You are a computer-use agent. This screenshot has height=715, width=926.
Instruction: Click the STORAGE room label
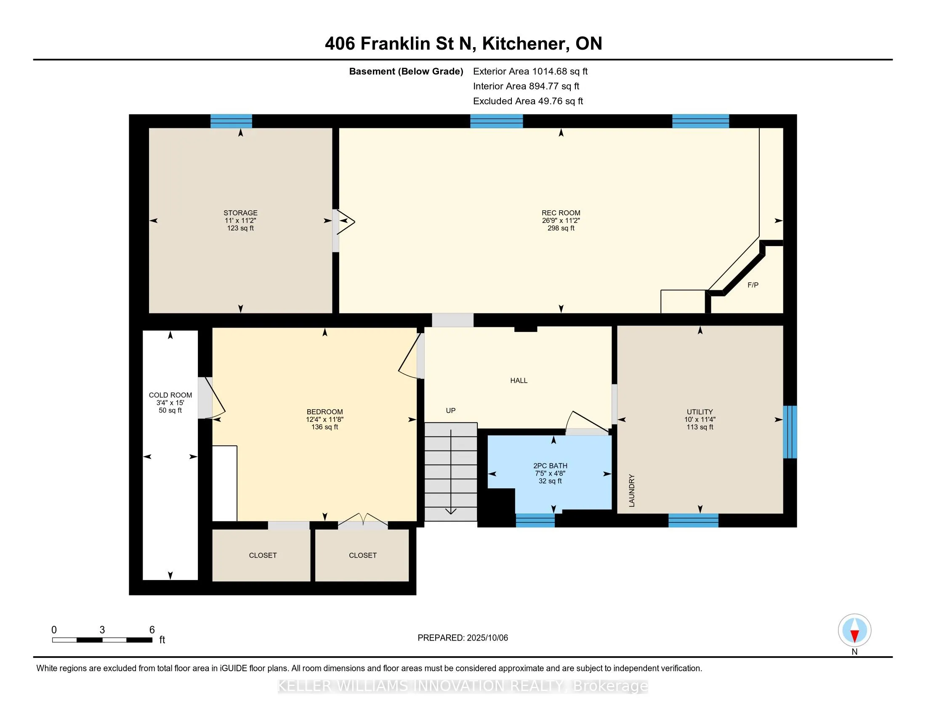point(240,213)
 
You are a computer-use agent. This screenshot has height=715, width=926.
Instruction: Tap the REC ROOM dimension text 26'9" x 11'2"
point(561,221)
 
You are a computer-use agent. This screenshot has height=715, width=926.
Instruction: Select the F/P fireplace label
point(753,285)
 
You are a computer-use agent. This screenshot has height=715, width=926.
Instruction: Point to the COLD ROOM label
point(170,395)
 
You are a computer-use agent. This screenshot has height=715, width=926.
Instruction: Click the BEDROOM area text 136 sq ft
point(325,427)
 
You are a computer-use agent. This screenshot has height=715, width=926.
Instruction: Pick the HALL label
point(519,380)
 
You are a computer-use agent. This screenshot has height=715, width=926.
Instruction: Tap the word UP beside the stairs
point(451,410)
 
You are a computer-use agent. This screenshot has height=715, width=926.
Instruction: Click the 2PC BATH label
point(551,466)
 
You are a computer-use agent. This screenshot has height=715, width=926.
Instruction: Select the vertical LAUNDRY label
point(632,490)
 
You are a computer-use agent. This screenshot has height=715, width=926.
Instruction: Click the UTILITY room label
point(700,412)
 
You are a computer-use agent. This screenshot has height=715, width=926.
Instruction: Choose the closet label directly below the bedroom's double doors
point(362,555)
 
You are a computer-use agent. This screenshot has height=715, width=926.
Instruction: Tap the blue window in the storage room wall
point(231,121)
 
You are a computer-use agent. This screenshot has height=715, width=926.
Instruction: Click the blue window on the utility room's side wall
point(790,432)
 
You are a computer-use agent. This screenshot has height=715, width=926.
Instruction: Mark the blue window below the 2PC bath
point(535,521)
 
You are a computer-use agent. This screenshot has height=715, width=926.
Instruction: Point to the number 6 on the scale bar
point(152,630)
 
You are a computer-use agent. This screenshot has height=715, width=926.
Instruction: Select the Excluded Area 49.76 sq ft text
point(528,101)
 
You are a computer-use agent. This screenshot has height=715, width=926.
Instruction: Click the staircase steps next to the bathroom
point(451,472)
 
